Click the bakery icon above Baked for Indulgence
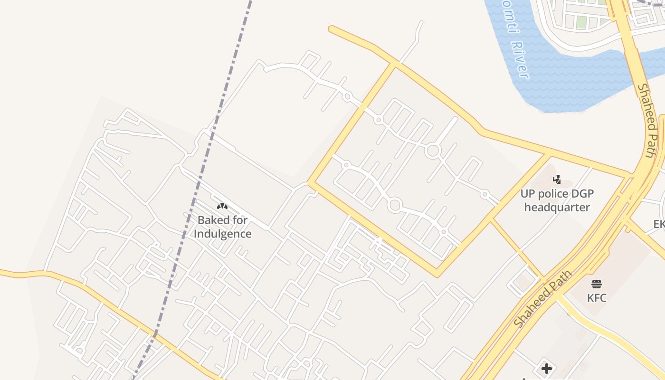pos(222,206)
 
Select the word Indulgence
pos(222,234)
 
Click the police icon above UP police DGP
pos(557,180)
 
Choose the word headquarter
pos(557,208)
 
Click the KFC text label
pos(597,298)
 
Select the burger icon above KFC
pos(597,284)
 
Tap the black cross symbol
pos(547,368)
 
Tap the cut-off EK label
pos(659,224)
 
